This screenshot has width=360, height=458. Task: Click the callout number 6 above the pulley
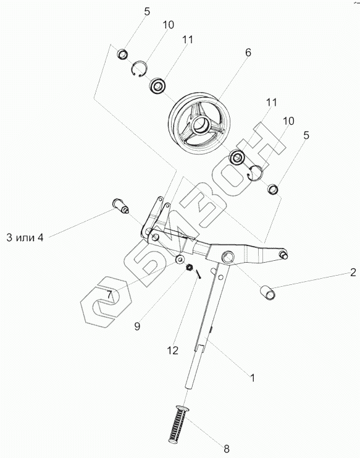tap(248, 53)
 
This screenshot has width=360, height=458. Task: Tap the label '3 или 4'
tap(25, 238)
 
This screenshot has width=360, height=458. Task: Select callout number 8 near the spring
tap(227, 449)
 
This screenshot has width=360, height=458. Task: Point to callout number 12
tap(173, 350)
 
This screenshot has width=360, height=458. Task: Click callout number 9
tap(137, 326)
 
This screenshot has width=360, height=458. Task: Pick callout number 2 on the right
tap(353, 273)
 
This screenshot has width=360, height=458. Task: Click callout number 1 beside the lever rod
tap(253, 378)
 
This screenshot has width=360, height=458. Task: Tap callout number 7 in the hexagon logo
tap(109, 295)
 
